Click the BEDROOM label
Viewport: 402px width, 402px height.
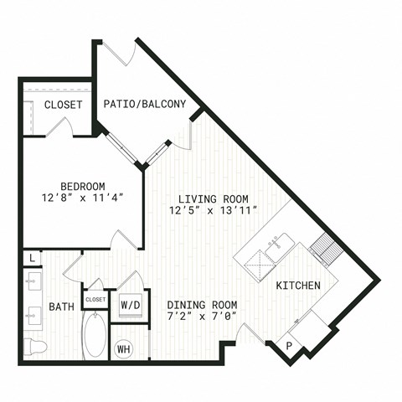click(x=83, y=186)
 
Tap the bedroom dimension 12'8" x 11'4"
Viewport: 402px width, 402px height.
click(x=83, y=198)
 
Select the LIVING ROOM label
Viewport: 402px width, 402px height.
click(x=214, y=199)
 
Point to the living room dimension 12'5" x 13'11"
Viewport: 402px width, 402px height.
click(x=214, y=210)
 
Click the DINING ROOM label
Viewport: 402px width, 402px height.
click(x=202, y=305)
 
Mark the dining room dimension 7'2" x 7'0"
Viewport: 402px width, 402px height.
click(x=202, y=317)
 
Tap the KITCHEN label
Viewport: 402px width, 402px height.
click(x=298, y=286)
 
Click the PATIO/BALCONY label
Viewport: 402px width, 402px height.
click(x=145, y=104)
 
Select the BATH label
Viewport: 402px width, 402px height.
click(x=62, y=307)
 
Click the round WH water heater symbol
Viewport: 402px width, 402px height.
click(x=124, y=349)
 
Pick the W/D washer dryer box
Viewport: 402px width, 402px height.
click(x=131, y=306)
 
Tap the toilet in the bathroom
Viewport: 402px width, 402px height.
click(x=34, y=347)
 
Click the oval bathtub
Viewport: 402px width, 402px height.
click(x=95, y=335)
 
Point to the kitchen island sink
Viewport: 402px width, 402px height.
click(x=280, y=247)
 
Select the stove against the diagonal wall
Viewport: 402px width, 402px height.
click(x=327, y=250)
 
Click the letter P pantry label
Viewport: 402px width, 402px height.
click(x=289, y=346)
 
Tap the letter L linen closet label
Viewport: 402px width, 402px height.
click(x=33, y=258)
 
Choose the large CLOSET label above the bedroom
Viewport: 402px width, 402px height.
click(x=64, y=105)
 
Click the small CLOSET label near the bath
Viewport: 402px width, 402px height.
click(x=95, y=300)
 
